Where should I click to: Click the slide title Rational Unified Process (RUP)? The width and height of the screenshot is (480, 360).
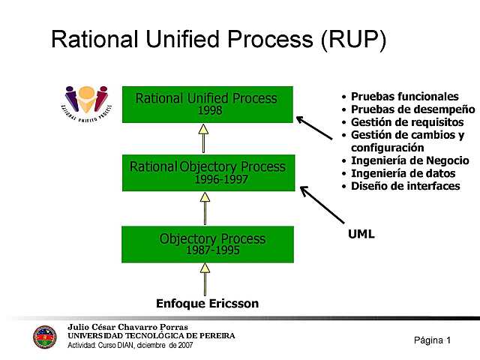tap(218, 40)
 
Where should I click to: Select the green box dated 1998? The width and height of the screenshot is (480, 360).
tap(207, 104)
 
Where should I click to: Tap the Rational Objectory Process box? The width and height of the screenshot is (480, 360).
tap(208, 172)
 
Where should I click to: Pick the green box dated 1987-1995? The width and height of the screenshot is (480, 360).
tap(208, 244)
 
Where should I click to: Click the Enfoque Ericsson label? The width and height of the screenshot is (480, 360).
tap(207, 304)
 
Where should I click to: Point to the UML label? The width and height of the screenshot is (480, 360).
tap(361, 234)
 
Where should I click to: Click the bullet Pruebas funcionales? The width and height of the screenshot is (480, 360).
tap(404, 97)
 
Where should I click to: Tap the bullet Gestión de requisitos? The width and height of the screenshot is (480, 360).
tap(407, 122)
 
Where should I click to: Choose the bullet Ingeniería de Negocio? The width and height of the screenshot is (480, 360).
tap(409, 160)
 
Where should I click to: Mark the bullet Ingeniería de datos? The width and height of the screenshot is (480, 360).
tap(403, 173)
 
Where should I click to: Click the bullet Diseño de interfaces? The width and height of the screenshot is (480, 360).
tap(405, 186)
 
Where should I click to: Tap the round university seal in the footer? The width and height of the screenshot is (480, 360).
tap(45, 337)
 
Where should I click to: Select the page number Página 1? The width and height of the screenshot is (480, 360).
tap(432, 340)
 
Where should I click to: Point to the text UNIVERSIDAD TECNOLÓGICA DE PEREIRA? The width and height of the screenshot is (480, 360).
tap(151, 336)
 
